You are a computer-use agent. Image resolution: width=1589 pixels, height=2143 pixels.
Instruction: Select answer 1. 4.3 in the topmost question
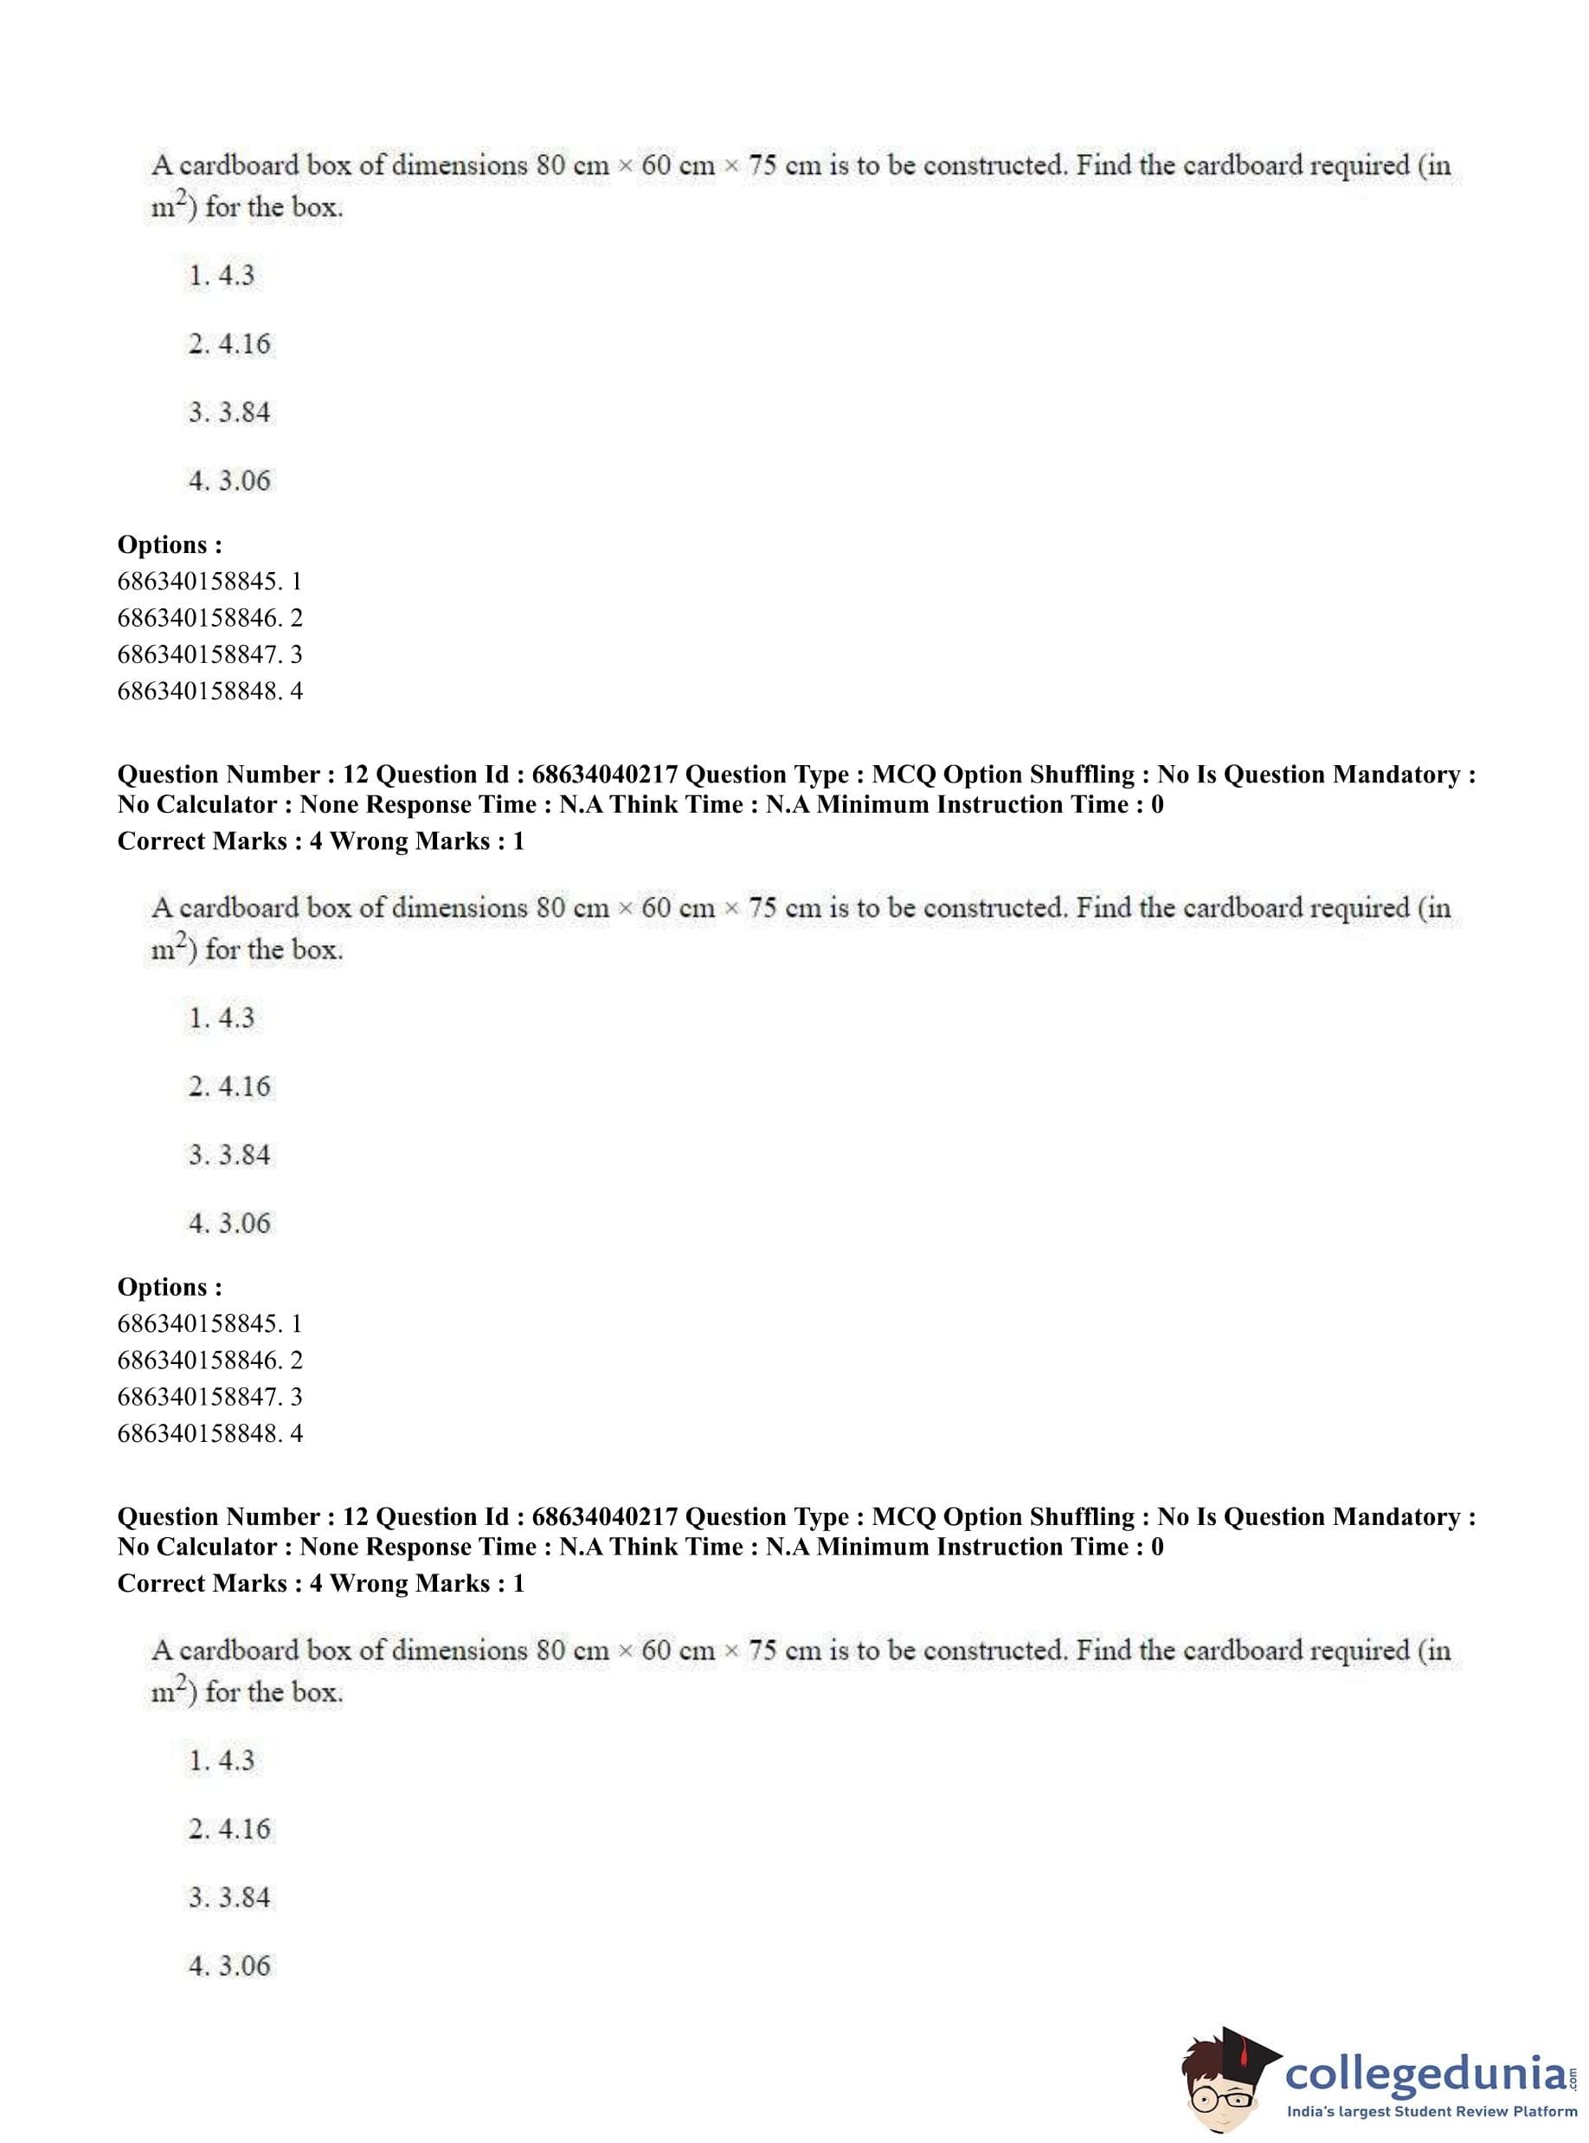(x=222, y=276)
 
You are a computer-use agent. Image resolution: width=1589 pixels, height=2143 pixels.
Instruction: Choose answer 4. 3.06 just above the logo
(x=230, y=1965)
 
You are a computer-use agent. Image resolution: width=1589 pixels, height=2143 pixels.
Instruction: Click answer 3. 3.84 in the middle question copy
(x=230, y=1155)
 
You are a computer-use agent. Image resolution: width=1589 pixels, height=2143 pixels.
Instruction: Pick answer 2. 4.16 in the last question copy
(x=230, y=1829)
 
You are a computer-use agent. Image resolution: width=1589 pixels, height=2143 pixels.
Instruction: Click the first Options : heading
(x=170, y=544)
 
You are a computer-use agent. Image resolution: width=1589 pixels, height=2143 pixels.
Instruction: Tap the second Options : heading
(x=170, y=1287)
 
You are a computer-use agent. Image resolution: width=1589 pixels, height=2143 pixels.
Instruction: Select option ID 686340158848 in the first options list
(x=198, y=691)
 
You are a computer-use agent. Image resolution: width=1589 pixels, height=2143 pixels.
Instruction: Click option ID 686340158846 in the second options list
(x=198, y=1360)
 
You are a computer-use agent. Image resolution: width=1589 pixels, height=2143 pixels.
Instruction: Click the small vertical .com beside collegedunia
(x=1573, y=2070)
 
